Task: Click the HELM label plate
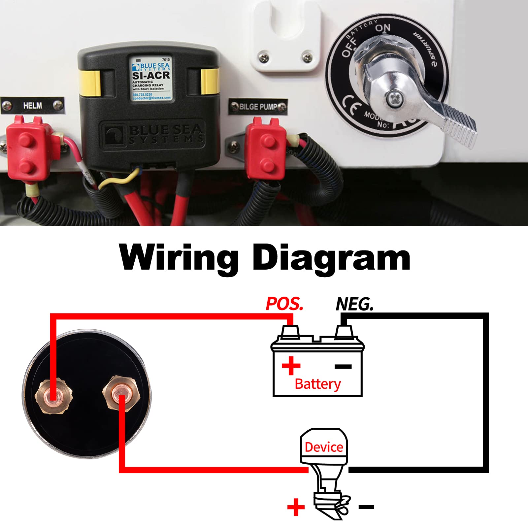[32, 106]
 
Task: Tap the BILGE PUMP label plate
[258, 107]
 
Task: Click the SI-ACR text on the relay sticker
[151, 76]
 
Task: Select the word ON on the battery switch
[383, 28]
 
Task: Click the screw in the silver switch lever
[394, 98]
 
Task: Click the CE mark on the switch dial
[350, 105]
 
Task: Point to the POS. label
[284, 304]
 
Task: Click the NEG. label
[355, 304]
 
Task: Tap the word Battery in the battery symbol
[317, 384]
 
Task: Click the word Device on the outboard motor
[324, 447]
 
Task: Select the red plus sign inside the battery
[291, 366]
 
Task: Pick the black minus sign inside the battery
[343, 366]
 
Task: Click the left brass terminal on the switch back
[52, 395]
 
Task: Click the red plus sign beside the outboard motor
[296, 507]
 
